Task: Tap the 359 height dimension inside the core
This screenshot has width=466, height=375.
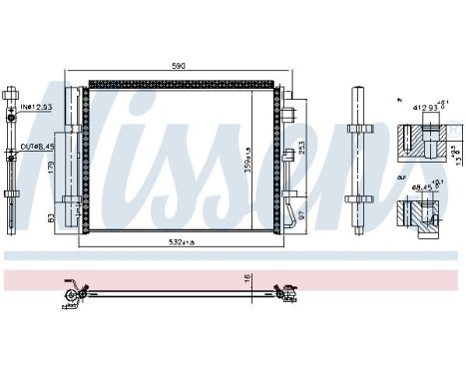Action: coord(261,156)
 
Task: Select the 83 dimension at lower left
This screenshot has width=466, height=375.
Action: coord(50,216)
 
